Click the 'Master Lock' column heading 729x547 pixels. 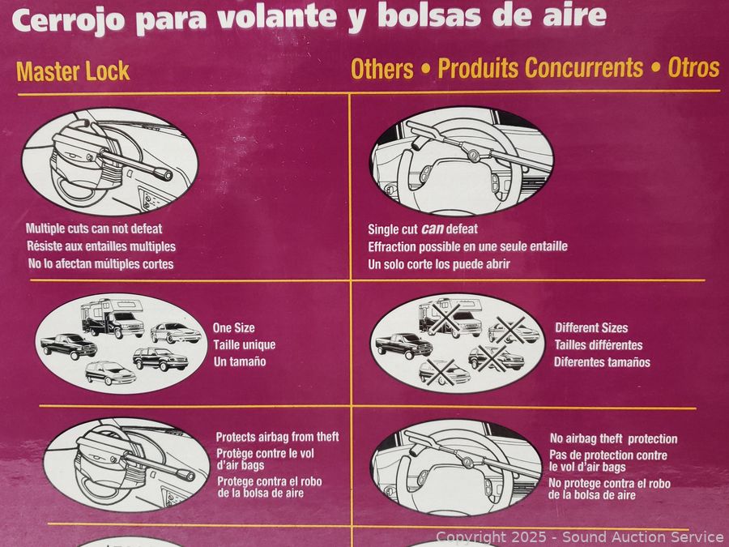pyautogui.click(x=73, y=71)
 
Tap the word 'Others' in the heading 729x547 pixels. pyautogui.click(x=382, y=70)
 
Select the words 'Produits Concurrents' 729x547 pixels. pyautogui.click(x=540, y=68)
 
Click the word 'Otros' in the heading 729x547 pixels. pyautogui.click(x=693, y=67)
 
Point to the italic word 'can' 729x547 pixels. pyautogui.click(x=432, y=229)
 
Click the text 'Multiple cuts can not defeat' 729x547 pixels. pyautogui.click(x=94, y=229)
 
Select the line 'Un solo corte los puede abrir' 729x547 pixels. pyautogui.click(x=439, y=264)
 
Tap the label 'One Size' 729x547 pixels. pyautogui.click(x=233, y=328)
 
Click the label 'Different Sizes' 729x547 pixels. pyautogui.click(x=591, y=328)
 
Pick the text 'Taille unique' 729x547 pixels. pyautogui.click(x=245, y=344)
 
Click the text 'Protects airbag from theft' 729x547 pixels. pyautogui.click(x=278, y=437)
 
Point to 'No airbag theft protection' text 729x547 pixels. pyautogui.click(x=614, y=438)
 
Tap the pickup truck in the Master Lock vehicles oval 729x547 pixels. pyautogui.click(x=69, y=346)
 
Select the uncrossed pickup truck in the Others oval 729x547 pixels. pyautogui.click(x=404, y=345)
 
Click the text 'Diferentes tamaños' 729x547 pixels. pyautogui.click(x=602, y=362)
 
